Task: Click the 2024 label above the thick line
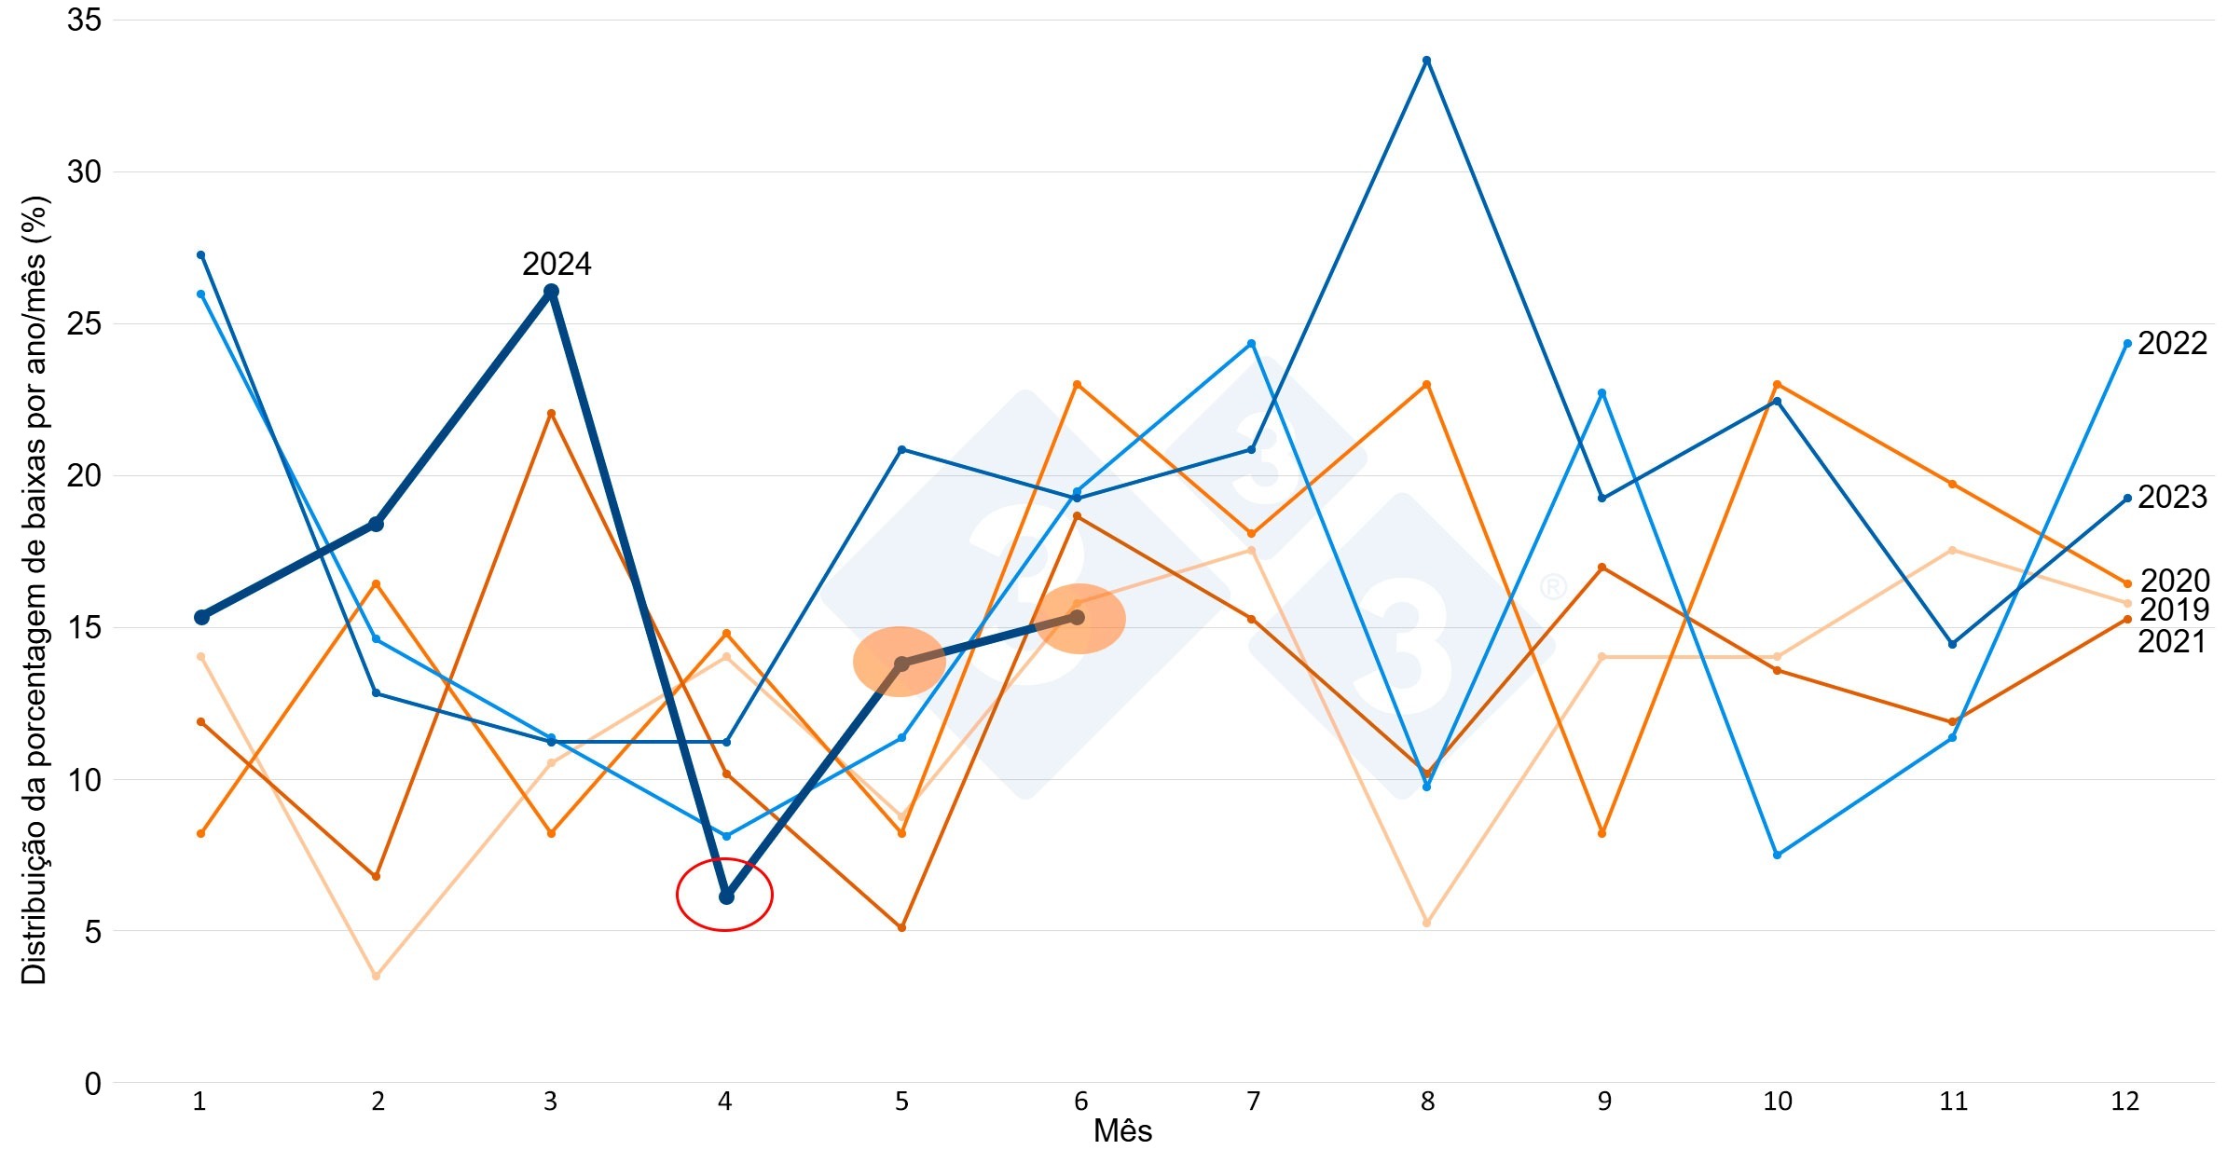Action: [557, 265]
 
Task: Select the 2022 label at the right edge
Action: [2172, 344]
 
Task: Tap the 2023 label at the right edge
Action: [2172, 498]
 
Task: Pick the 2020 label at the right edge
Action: [2174, 582]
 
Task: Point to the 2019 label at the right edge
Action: [2174, 610]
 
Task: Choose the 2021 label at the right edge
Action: [2172, 642]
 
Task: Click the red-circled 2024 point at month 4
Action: [726, 897]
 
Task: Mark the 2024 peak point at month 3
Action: [551, 292]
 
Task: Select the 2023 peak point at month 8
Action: [1426, 61]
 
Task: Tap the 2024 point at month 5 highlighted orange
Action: [901, 664]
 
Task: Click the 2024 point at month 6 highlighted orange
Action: [1078, 617]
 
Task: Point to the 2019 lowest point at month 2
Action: [376, 976]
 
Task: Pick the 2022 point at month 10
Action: [1777, 855]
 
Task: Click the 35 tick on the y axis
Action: [84, 21]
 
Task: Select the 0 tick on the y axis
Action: [92, 1084]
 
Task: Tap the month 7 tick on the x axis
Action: [1253, 1102]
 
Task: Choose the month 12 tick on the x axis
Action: [2124, 1102]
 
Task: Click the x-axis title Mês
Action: [1122, 1131]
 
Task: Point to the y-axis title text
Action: [34, 589]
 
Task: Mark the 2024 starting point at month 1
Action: [201, 617]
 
